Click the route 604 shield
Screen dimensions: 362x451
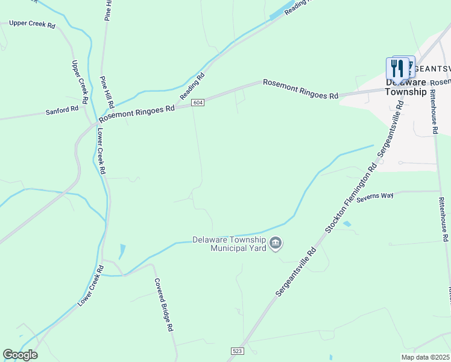click(x=198, y=103)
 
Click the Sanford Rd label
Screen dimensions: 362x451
click(x=62, y=111)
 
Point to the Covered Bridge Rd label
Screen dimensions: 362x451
click(x=163, y=305)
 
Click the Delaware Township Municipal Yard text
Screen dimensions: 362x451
click(x=229, y=243)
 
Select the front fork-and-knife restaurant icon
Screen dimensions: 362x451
click(x=397, y=68)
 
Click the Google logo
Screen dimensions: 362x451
click(x=20, y=355)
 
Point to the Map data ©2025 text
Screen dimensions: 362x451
click(x=425, y=357)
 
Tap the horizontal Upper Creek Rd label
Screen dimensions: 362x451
click(x=32, y=25)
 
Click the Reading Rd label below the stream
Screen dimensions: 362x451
click(x=193, y=86)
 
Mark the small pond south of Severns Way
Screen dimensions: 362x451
click(x=347, y=224)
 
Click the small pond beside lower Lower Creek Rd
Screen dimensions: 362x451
click(x=123, y=251)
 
